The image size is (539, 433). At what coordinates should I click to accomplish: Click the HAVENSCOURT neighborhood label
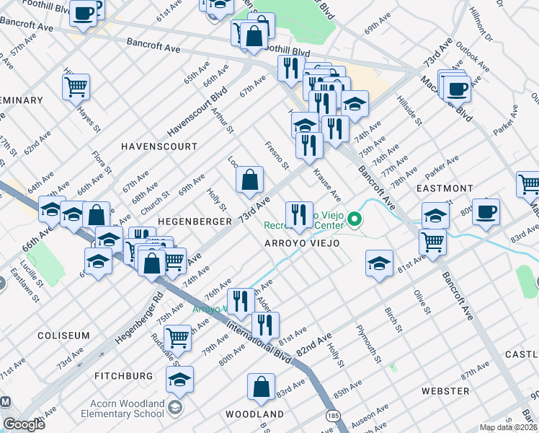click(159, 146)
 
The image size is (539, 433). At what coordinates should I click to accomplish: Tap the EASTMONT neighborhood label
click(445, 188)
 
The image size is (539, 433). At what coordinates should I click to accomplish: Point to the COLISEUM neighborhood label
click(63, 336)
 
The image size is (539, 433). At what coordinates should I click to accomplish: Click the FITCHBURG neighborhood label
click(123, 376)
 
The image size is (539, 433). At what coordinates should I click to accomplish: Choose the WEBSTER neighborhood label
click(445, 390)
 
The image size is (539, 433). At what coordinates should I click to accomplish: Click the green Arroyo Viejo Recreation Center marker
click(354, 218)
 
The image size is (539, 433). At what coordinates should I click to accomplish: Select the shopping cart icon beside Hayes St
click(76, 87)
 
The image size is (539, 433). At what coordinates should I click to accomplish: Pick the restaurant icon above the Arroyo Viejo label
click(298, 214)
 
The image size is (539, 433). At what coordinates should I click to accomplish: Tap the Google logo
click(24, 424)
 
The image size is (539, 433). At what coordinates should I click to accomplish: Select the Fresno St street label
click(277, 156)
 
